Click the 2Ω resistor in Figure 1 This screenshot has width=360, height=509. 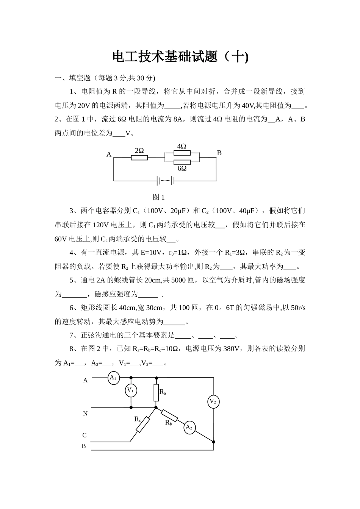coord(139,157)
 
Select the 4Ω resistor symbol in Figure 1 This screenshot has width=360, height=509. coord(182,153)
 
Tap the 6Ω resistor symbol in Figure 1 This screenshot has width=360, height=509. coord(182,162)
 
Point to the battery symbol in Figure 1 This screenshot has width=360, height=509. coord(165,181)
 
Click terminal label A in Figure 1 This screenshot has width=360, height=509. coord(109,155)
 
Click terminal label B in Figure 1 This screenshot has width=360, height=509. coord(219,153)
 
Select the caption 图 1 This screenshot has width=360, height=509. coord(158,197)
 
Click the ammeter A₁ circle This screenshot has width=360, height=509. coord(113,378)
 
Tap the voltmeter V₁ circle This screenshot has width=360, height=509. coord(131,390)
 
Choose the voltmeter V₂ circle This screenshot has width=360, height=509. coord(213,401)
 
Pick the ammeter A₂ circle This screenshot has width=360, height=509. coord(189,428)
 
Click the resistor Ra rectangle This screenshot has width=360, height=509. coord(156,393)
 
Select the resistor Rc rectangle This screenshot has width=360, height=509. coord(143,425)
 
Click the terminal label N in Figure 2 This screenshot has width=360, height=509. coord(85,414)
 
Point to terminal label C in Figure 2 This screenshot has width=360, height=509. coord(85,435)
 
